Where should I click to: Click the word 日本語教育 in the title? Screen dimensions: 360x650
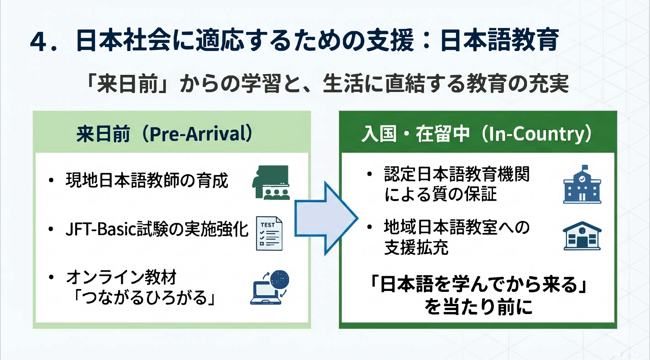(x=500, y=40)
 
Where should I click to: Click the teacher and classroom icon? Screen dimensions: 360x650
(x=271, y=182)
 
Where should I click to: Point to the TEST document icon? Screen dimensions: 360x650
(x=269, y=233)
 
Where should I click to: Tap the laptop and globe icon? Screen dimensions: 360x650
(x=270, y=288)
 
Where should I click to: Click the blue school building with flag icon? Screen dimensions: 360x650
(x=582, y=185)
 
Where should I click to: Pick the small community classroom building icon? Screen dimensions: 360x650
(x=582, y=236)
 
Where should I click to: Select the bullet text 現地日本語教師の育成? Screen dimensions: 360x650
(x=147, y=181)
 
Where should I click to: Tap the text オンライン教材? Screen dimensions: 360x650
(x=121, y=277)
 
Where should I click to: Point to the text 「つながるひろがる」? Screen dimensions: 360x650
(x=144, y=298)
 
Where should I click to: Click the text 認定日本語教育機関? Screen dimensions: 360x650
(x=457, y=174)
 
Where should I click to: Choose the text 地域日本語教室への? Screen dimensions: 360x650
(x=457, y=227)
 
